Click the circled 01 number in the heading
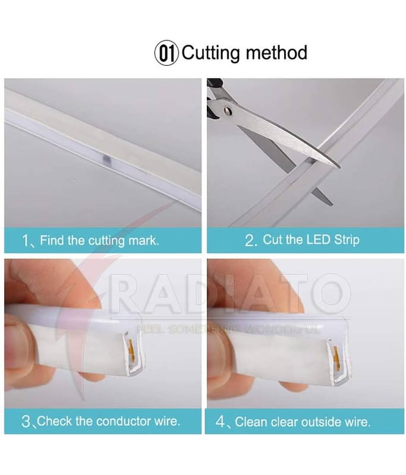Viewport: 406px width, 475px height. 166,53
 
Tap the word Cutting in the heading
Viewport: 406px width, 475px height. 210,53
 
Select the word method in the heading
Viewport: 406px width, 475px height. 276,52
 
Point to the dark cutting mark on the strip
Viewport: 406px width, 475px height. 106,157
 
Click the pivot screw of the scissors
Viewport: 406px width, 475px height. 227,112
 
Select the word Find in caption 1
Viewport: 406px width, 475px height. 52,240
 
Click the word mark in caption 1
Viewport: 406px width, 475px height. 143,240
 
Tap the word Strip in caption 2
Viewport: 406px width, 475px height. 347,240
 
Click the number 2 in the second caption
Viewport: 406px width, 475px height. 250,240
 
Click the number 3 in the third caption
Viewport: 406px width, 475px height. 26,422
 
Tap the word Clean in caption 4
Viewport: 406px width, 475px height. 251,422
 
